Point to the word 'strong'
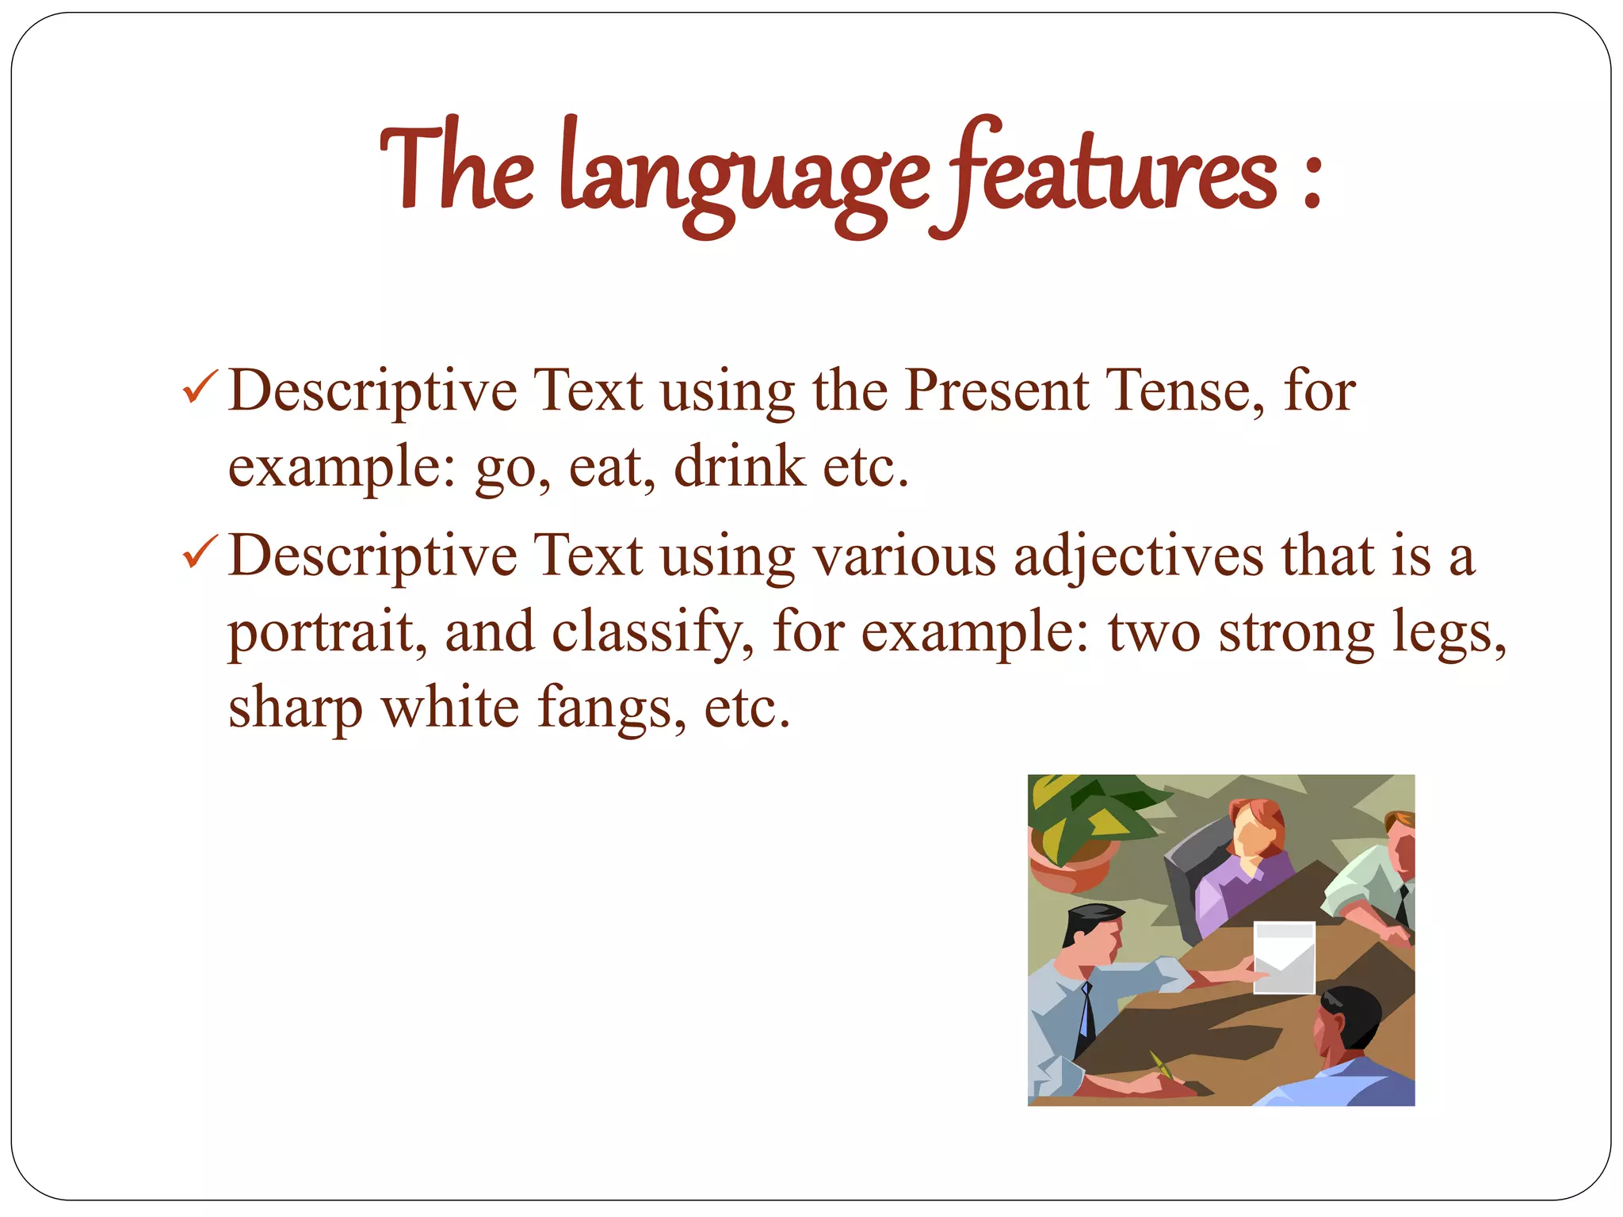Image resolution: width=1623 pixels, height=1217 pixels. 1296,633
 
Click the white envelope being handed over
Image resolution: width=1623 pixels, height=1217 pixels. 1284,957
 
